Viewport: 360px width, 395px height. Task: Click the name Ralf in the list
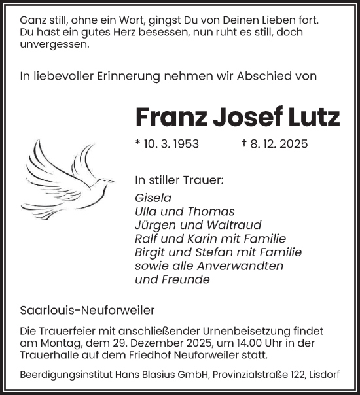[x=146, y=239]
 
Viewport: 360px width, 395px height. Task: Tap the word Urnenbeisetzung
[x=242, y=331]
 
